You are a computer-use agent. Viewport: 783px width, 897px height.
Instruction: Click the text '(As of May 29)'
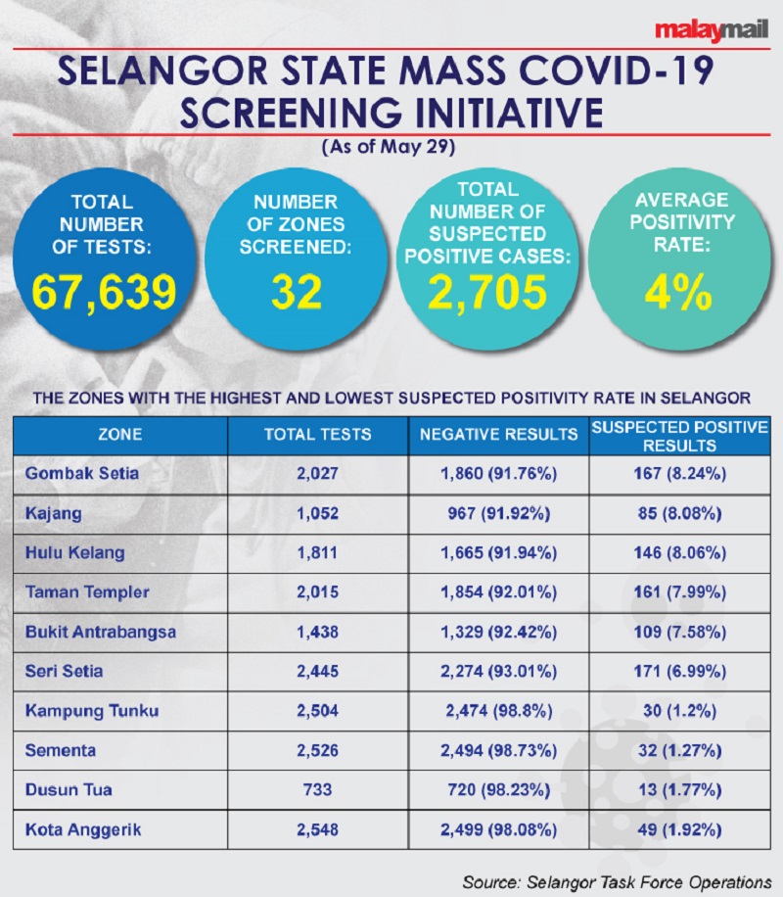tap(391, 149)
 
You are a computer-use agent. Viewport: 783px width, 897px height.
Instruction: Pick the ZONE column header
tap(119, 435)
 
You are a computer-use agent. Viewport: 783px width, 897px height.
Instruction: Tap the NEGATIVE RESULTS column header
tap(498, 435)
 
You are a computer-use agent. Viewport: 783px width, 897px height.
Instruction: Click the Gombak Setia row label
tap(82, 474)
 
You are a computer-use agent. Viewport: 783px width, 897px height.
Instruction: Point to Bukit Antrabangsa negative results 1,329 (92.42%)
tap(498, 632)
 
